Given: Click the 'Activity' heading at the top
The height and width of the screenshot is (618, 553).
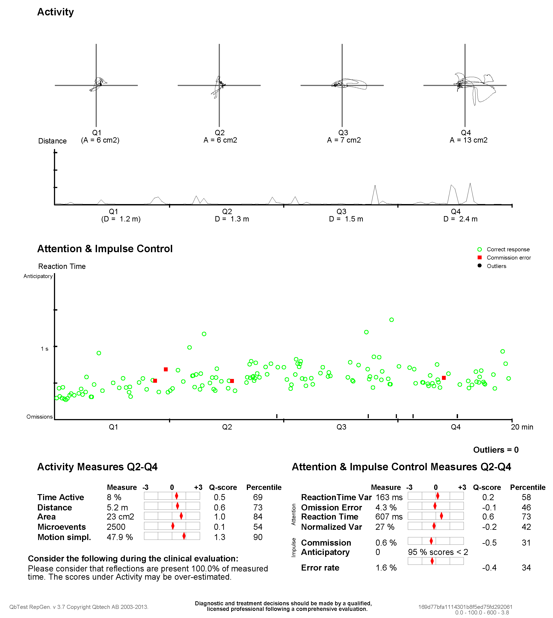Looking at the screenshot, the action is [55, 12].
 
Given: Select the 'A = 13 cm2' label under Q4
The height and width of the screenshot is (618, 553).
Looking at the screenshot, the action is [468, 140].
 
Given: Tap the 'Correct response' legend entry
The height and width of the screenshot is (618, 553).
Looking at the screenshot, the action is [508, 250].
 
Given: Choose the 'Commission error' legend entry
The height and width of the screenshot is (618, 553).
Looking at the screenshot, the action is [509, 258].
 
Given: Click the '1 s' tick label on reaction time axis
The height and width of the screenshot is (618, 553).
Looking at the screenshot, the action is [45, 349].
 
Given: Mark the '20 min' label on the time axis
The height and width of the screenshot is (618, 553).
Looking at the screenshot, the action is [522, 427].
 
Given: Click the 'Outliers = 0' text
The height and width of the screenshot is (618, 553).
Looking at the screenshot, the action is [496, 450].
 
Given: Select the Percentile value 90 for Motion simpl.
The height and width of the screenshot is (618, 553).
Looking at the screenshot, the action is [258, 537].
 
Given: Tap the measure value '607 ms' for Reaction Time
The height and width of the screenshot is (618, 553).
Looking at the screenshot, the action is [389, 517].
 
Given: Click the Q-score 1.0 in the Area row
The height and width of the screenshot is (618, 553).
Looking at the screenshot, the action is [219, 517].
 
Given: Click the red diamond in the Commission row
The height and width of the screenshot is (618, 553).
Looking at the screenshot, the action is [431, 541].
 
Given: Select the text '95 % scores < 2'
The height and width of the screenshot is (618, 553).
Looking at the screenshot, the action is [438, 552].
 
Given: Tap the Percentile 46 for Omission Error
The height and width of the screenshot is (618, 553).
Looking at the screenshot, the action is [526, 507].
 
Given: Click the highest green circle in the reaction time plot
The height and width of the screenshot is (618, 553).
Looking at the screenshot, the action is [391, 320].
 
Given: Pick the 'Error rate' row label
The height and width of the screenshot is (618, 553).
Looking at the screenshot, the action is [320, 568].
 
